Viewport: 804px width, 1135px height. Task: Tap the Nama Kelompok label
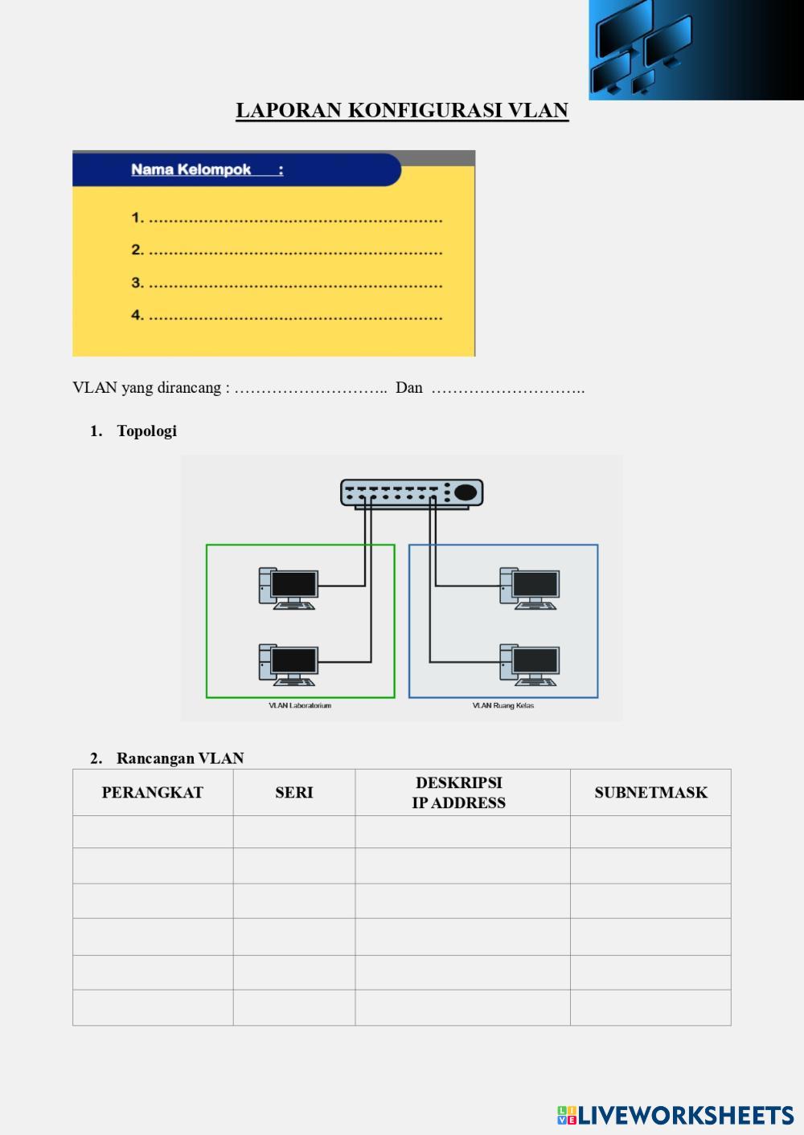pyautogui.click(x=191, y=169)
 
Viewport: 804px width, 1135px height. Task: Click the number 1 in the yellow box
pyautogui.click(x=137, y=218)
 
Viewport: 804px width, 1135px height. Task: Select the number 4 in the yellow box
pyautogui.click(x=137, y=315)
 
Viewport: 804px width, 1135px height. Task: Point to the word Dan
pyautogui.click(x=408, y=388)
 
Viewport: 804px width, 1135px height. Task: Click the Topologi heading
pyautogui.click(x=146, y=431)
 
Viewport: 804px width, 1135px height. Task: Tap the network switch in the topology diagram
pyautogui.click(x=412, y=493)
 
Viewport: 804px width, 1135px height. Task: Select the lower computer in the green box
pyautogui.click(x=289, y=664)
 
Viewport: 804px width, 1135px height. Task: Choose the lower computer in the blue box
pyautogui.click(x=530, y=664)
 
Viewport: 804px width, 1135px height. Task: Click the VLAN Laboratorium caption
pyautogui.click(x=300, y=706)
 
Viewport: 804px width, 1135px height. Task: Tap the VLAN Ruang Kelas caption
pyautogui.click(x=503, y=706)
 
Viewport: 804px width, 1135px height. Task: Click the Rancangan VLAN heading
pyautogui.click(x=179, y=758)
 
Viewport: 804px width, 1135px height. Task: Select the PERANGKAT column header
pyautogui.click(x=153, y=793)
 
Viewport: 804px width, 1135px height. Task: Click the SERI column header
pyautogui.click(x=294, y=793)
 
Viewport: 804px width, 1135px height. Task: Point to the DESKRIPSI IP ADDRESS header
pyautogui.click(x=459, y=793)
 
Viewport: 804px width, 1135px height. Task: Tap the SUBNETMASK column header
pyautogui.click(x=651, y=793)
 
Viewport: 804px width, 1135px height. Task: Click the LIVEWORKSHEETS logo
pyautogui.click(x=675, y=1115)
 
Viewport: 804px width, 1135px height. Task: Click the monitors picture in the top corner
pyautogui.click(x=695, y=50)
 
